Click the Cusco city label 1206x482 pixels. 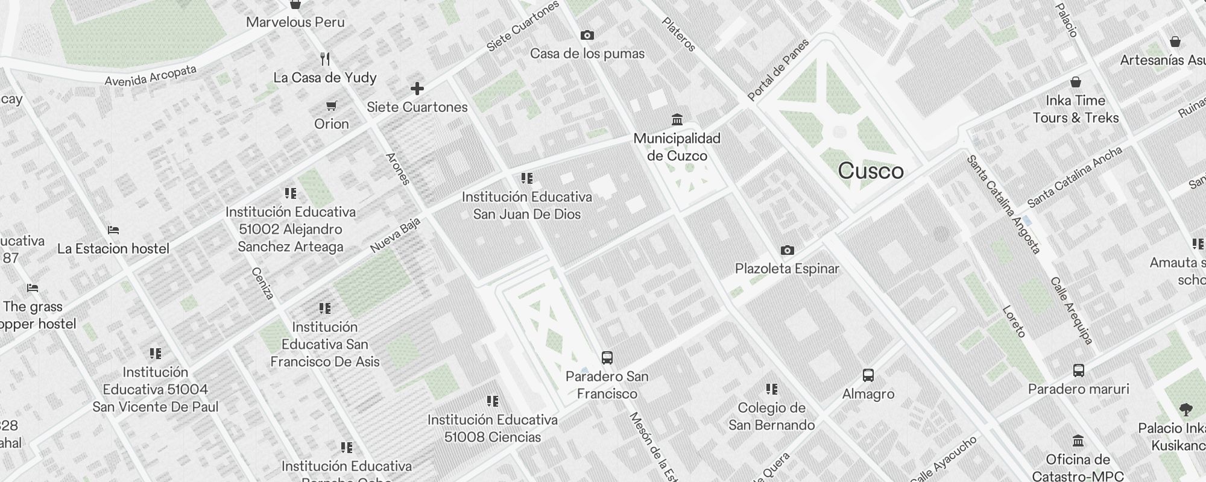click(871, 171)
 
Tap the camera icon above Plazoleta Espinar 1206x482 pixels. click(787, 251)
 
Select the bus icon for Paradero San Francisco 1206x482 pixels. click(607, 358)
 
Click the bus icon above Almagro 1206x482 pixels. click(868, 375)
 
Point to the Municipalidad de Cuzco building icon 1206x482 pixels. click(677, 119)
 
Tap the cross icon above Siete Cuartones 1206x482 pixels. click(417, 89)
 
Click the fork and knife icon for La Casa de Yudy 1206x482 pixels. click(325, 59)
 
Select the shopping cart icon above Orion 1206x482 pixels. click(331, 106)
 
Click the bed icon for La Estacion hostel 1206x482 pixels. click(113, 230)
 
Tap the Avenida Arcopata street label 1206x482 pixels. click(150, 76)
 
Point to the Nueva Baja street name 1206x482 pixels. click(395, 236)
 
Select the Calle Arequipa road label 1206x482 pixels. click(1072, 311)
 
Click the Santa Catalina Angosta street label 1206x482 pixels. click(1003, 204)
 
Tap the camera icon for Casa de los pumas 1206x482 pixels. click(587, 36)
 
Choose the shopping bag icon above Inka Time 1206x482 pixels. click(1076, 82)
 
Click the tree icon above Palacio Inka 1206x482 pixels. click(1185, 410)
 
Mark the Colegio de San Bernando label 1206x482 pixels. click(771, 416)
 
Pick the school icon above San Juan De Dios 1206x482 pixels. click(526, 178)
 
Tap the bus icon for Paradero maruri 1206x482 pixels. click(1079, 371)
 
